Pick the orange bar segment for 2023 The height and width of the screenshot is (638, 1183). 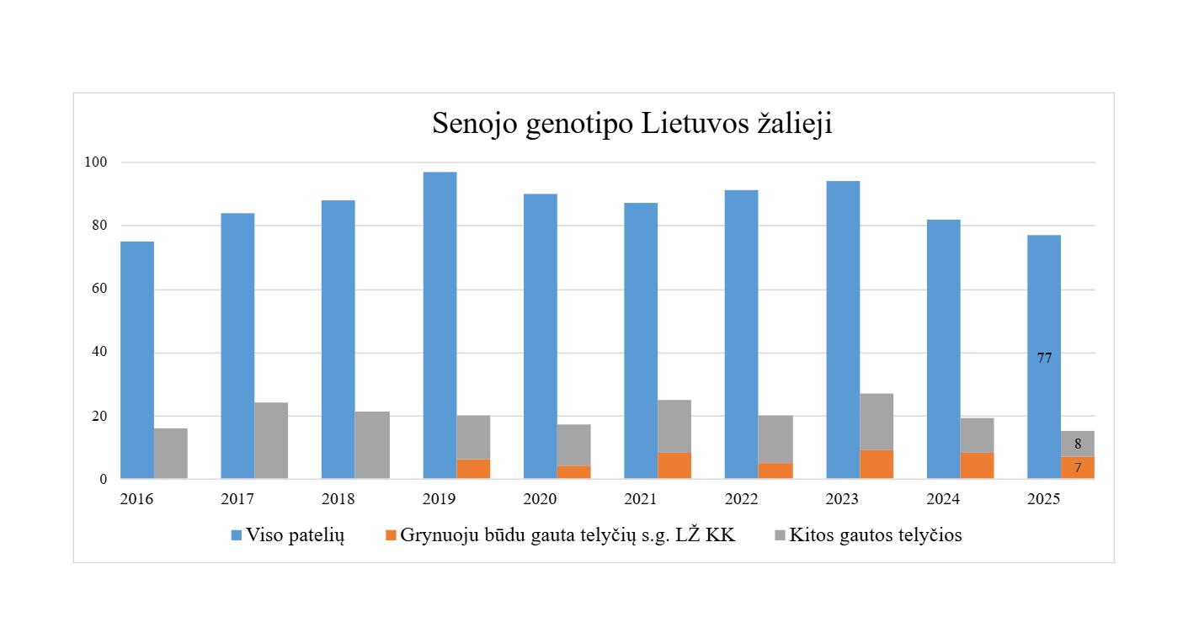point(877,465)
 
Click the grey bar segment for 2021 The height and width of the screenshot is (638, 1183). point(674,426)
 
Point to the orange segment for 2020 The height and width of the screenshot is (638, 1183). point(573,472)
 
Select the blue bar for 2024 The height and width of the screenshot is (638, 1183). point(943,349)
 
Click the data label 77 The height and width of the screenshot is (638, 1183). point(1044,358)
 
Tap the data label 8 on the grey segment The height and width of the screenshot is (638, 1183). point(1078,444)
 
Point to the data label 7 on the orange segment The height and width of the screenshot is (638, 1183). point(1078,468)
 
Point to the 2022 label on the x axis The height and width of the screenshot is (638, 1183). point(741,499)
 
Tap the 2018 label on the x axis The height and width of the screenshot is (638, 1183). point(338,499)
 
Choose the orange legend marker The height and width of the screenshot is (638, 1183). point(390,535)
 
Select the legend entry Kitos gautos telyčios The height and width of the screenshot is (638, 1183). point(876,535)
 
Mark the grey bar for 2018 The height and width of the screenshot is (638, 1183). point(372,445)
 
